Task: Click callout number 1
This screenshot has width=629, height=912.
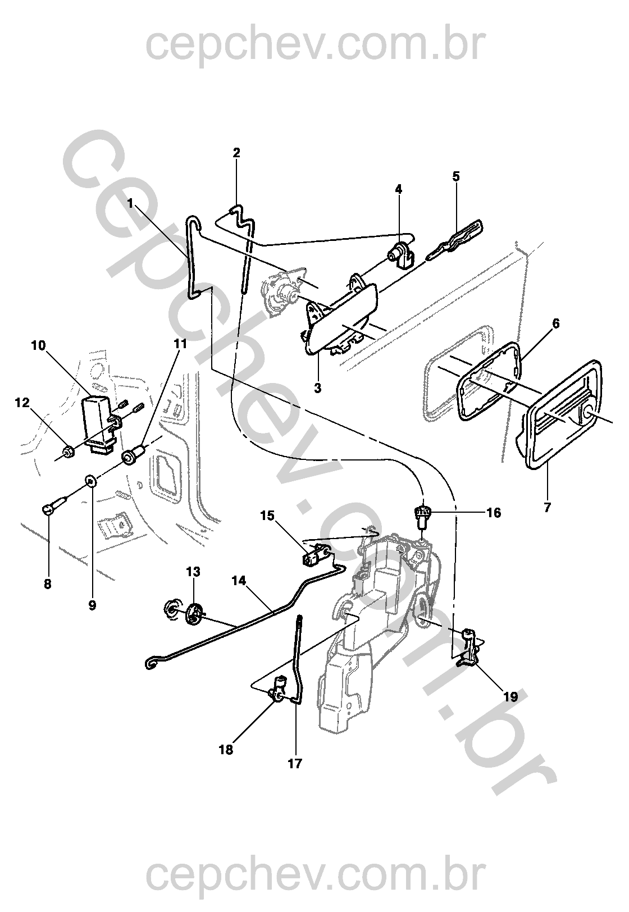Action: coord(130,204)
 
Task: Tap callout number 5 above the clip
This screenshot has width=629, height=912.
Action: coord(455,176)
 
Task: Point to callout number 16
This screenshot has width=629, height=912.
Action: coord(493,513)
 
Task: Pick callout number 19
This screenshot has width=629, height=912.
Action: coord(510,697)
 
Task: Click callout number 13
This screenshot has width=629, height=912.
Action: coord(193,572)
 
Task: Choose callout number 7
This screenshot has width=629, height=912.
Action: coord(547,508)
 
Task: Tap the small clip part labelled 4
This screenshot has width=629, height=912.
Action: coord(401,254)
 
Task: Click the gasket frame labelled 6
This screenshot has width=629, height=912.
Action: coord(489,382)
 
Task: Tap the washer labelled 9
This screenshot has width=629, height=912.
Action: coord(90,481)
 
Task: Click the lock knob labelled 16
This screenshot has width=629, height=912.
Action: coord(422,513)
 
